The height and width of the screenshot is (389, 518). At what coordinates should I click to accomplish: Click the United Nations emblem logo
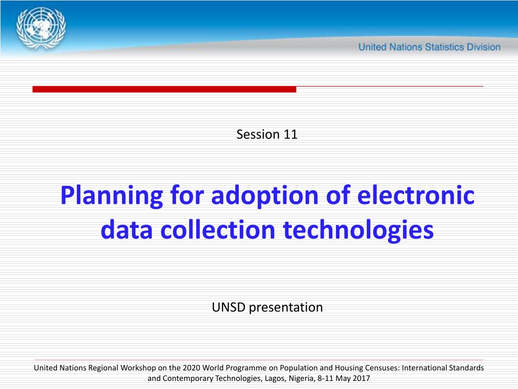point(41,28)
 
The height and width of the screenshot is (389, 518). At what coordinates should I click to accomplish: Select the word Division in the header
point(484,47)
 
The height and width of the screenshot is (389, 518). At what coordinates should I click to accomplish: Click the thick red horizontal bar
point(164,89)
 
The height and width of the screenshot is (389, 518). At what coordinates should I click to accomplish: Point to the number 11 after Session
point(290,134)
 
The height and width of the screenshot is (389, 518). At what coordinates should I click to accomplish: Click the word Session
point(258,134)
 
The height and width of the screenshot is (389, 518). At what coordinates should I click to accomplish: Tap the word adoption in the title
point(265,196)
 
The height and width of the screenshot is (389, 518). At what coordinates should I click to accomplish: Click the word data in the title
point(126,229)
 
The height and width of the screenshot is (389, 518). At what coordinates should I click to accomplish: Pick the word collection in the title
point(218,229)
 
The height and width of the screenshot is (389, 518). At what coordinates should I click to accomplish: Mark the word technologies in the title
point(359,230)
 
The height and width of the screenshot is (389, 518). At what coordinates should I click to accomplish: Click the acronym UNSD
point(228,307)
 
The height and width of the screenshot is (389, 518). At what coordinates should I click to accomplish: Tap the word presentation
point(286,308)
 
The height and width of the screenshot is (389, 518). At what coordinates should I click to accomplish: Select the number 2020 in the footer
point(191,368)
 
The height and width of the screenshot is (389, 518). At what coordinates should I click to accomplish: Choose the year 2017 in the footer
point(361,378)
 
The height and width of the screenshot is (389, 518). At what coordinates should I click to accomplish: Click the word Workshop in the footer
point(138,368)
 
